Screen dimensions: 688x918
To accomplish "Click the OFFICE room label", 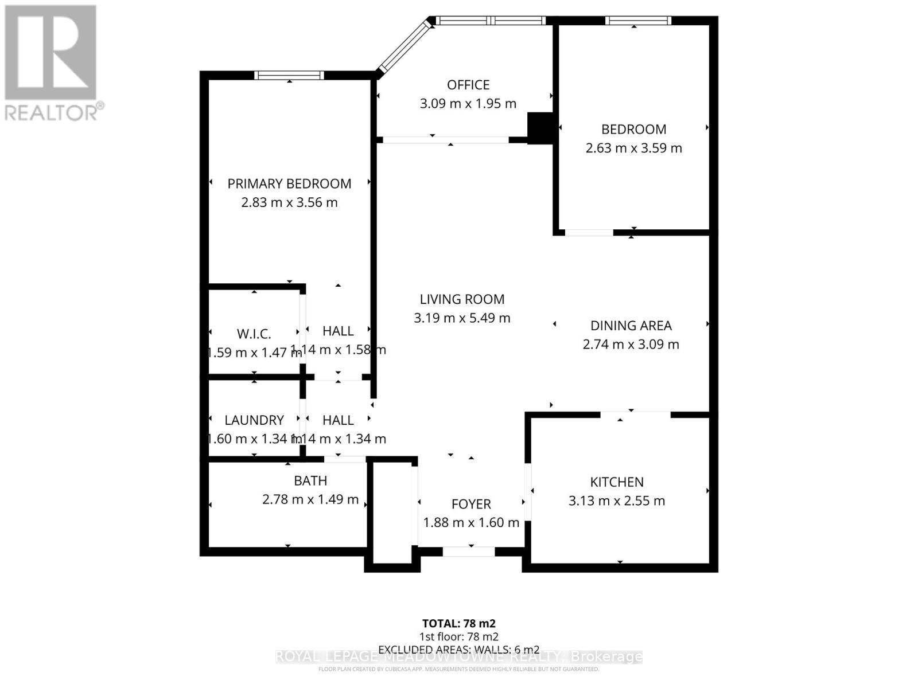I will coord(468,85).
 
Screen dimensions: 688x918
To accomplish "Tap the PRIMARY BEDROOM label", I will coord(289,183).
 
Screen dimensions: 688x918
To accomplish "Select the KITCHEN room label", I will coord(617,482).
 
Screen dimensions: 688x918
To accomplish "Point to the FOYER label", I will coord(471,504).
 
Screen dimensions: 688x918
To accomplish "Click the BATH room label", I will coord(310,480).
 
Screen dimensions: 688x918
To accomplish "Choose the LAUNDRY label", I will coord(254,420).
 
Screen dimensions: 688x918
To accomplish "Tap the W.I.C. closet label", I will coord(254,334).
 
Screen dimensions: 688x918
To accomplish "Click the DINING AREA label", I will coord(631,326).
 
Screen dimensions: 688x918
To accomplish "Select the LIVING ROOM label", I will coord(462,299).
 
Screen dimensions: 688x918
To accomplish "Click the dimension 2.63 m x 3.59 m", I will coord(633,148).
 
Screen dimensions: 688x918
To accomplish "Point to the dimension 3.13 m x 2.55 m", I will coord(617,501).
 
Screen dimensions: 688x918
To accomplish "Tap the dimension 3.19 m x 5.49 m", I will coord(462,318).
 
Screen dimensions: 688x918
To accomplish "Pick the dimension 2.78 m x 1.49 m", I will coord(310,499).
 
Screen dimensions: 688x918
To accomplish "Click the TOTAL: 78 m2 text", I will coord(458,623).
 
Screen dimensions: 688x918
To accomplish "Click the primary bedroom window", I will coord(289,75).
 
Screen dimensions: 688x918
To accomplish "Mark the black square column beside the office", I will coord(539,127).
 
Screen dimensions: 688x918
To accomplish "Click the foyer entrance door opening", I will coord(469,552).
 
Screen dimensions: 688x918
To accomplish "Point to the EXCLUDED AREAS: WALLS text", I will coord(458,650).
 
